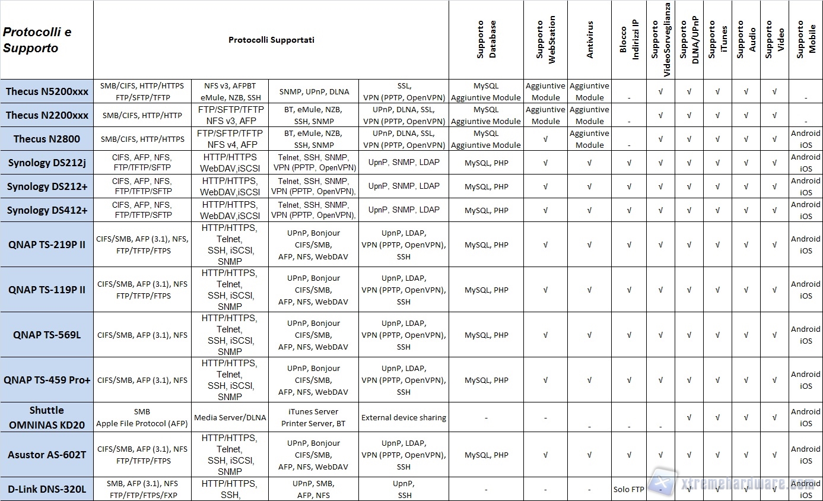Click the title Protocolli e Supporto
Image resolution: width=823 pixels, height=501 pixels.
coord(37,40)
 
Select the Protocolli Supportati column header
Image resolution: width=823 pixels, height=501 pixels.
coord(271,40)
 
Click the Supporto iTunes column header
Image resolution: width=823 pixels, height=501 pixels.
coord(717,40)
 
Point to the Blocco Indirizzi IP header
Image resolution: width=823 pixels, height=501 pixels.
coord(629,40)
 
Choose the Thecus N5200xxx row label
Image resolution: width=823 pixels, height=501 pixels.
coord(47,91)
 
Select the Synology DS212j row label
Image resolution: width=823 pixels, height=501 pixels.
coord(47,163)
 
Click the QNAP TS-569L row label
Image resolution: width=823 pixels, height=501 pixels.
coord(47,335)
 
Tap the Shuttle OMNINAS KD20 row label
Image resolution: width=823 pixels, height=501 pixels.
coord(47,417)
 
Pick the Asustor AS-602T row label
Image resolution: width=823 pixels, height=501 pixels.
coord(47,455)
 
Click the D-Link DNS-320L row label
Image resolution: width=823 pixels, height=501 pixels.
coord(47,489)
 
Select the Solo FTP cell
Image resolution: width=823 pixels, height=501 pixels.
coord(629,490)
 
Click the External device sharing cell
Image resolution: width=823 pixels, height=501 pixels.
coord(403,417)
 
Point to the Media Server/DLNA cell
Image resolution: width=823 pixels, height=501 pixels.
coord(230,417)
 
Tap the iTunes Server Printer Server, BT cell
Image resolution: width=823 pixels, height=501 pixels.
coord(313,417)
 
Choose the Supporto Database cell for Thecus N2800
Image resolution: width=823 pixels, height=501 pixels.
coord(486,139)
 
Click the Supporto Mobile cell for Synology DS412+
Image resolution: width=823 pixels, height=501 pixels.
coord(805,210)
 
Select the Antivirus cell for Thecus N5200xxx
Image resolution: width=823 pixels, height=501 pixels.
coord(589,91)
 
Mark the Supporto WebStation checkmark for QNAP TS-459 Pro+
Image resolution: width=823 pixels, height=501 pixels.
coord(545,380)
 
